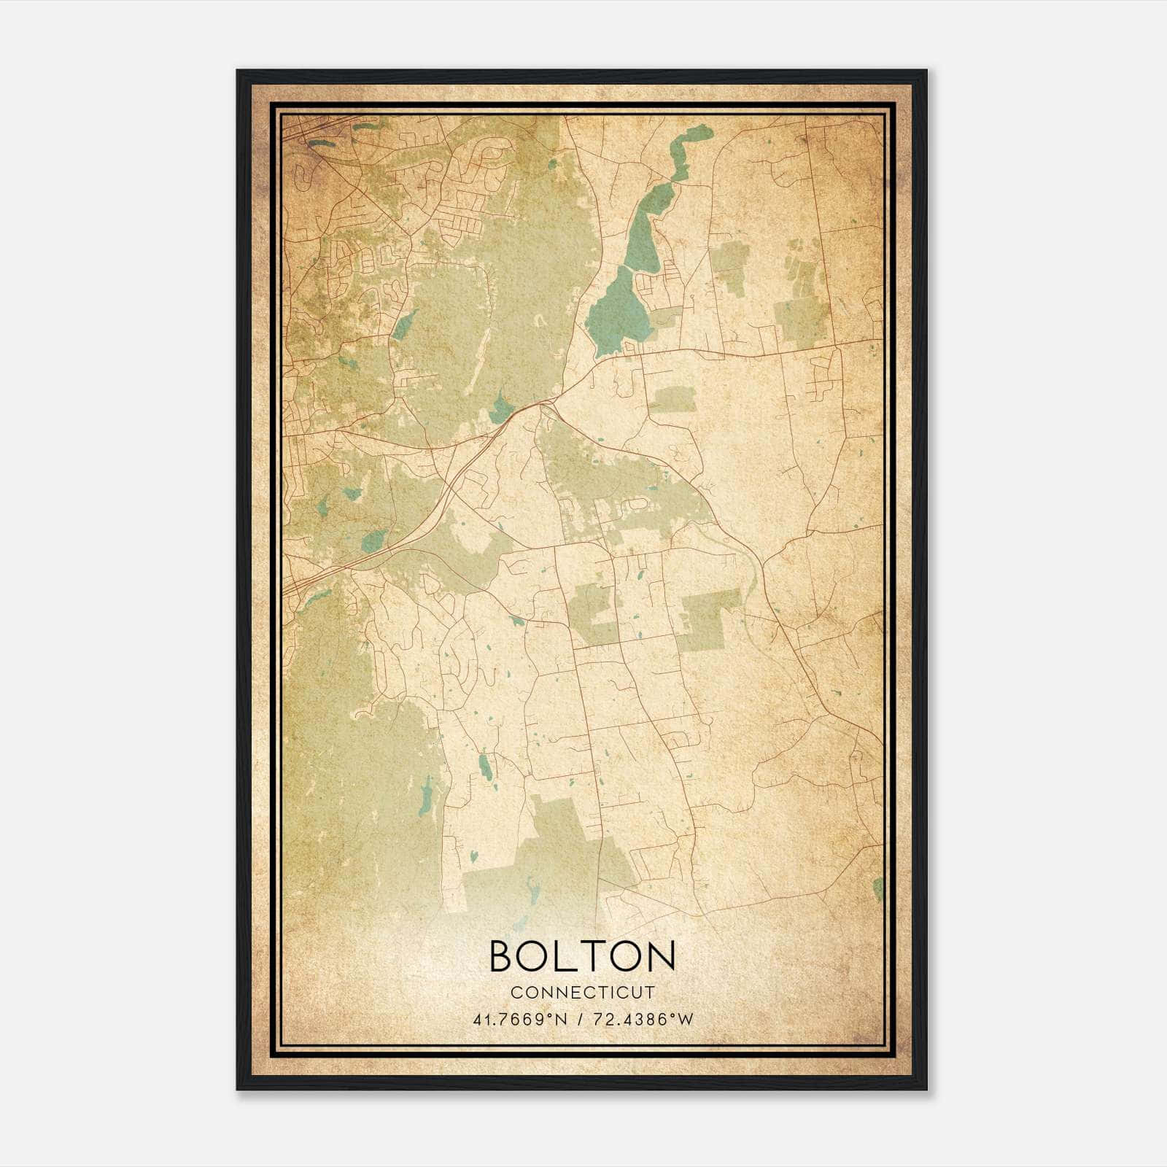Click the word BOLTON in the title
pos(582,956)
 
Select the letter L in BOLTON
pos(567,956)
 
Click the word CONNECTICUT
pos(583,993)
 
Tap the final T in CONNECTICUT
pos(650,993)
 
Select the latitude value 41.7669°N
pos(521,1020)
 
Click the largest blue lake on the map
pos(617,313)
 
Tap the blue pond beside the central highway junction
pos(501,409)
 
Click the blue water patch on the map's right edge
pos(877,888)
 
